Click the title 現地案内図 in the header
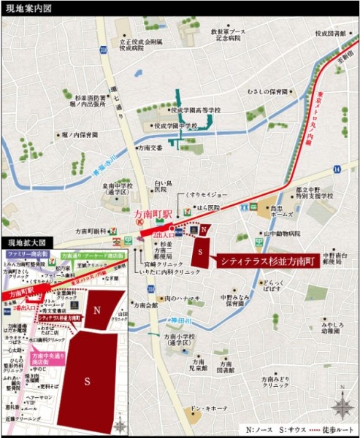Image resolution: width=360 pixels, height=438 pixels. click(27, 8)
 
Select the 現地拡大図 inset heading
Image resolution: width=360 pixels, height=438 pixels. click(27, 242)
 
